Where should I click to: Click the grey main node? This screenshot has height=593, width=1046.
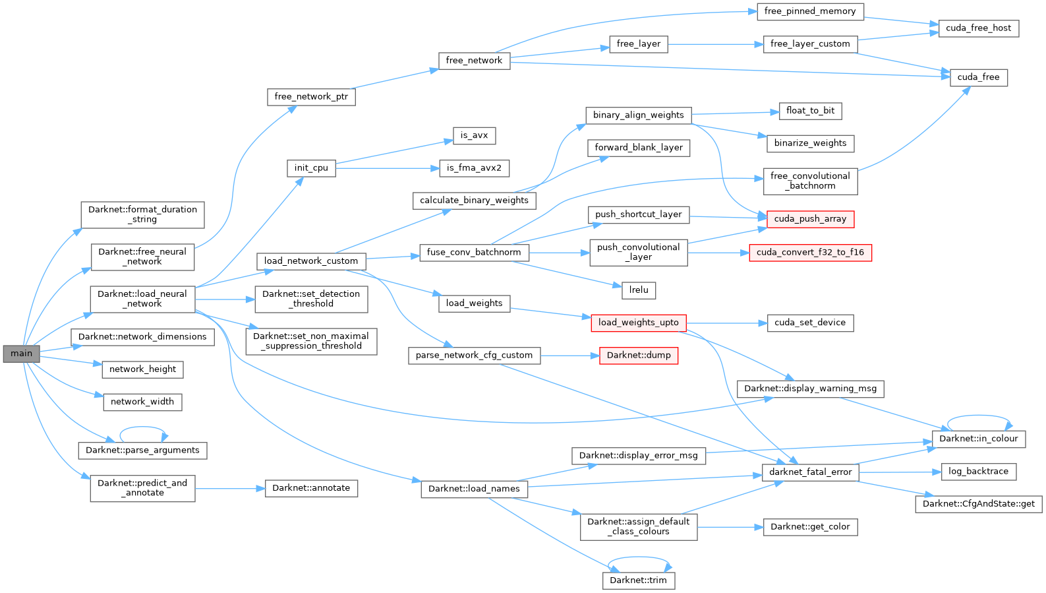pyautogui.click(x=21, y=354)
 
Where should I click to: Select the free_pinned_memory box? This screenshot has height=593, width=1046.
pyautogui.click(x=810, y=11)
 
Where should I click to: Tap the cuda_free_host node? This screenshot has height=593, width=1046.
pyautogui.click(x=978, y=28)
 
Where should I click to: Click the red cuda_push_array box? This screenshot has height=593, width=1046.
pyautogui.click(x=810, y=219)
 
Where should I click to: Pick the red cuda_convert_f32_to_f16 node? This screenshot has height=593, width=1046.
pyautogui.click(x=810, y=253)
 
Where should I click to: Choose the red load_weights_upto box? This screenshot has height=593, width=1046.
pyautogui.click(x=638, y=323)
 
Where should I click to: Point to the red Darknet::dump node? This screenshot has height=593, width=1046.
pyautogui.click(x=638, y=356)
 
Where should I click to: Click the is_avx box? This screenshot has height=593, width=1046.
pyautogui.click(x=474, y=136)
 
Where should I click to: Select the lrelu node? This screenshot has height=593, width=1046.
pyautogui.click(x=638, y=290)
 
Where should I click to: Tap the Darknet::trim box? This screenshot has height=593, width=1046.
pyautogui.click(x=638, y=580)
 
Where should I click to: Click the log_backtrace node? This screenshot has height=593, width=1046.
pyautogui.click(x=978, y=472)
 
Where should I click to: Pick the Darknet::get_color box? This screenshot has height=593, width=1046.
pyautogui.click(x=810, y=527)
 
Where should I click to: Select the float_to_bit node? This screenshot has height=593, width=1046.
pyautogui.click(x=810, y=111)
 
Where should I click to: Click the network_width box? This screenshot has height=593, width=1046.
pyautogui.click(x=142, y=402)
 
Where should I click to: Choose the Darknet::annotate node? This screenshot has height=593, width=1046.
pyautogui.click(x=311, y=488)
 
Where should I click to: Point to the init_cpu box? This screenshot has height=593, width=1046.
pyautogui.click(x=311, y=168)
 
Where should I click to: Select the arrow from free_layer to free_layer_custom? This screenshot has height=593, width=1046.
pyautogui.click(x=715, y=44)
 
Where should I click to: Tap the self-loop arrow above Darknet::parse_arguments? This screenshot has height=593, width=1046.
pyautogui.click(x=143, y=428)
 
